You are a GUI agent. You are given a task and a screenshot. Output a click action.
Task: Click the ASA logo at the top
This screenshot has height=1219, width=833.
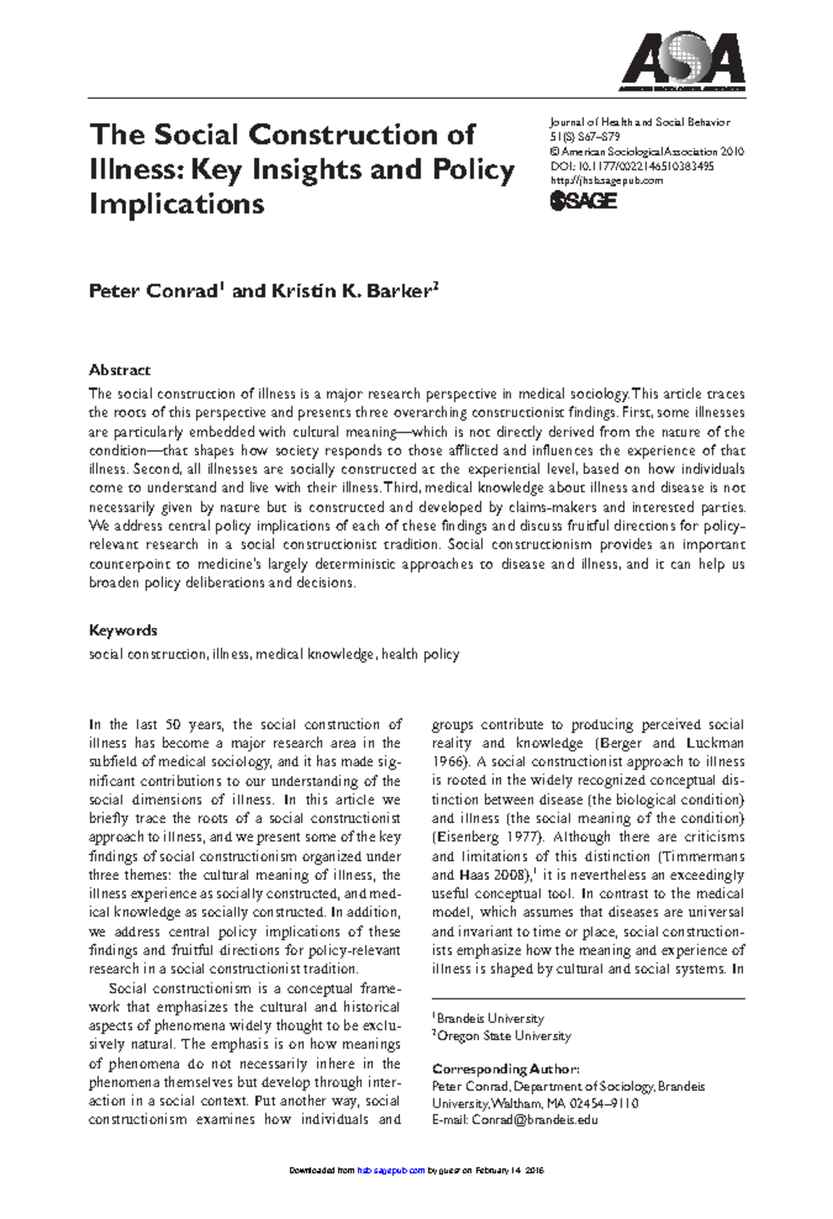pyautogui.click(x=682, y=61)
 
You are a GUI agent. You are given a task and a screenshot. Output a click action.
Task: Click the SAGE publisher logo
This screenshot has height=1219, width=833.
pyautogui.click(x=583, y=201)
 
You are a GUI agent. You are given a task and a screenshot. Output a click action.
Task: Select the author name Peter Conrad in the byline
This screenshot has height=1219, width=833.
pyautogui.click(x=153, y=291)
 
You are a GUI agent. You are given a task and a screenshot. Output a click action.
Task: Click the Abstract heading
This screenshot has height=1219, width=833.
pyautogui.click(x=119, y=370)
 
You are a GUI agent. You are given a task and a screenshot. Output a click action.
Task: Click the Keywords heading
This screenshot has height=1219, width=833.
pyautogui.click(x=123, y=630)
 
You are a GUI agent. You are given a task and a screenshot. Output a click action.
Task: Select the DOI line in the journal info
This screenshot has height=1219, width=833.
pyautogui.click(x=632, y=166)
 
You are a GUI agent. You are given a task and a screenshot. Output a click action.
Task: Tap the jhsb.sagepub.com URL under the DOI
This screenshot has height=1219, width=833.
pyautogui.click(x=606, y=180)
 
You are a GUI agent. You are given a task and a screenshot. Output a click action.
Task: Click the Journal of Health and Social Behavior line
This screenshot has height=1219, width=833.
pyautogui.click(x=639, y=122)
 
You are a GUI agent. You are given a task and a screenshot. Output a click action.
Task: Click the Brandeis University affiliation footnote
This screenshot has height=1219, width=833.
pyautogui.click(x=489, y=1018)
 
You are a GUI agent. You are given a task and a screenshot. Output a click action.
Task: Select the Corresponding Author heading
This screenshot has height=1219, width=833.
pyautogui.click(x=505, y=1069)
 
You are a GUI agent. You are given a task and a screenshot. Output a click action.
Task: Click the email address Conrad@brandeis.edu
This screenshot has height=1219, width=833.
pyautogui.click(x=535, y=1120)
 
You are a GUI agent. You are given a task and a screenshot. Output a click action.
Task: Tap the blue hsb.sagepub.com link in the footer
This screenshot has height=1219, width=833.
pyautogui.click(x=390, y=1170)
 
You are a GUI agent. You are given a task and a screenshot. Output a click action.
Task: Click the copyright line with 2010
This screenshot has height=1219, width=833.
pyautogui.click(x=646, y=151)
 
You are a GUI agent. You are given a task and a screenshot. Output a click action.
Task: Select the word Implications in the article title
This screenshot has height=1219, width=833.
pyautogui.click(x=176, y=204)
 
